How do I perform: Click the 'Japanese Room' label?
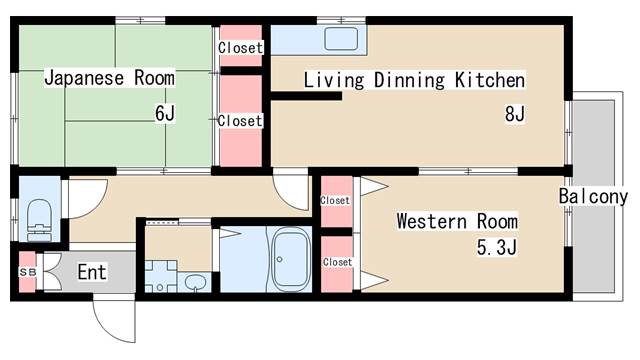coord(108,78)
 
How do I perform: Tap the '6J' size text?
coord(164,113)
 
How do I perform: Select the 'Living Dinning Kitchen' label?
coord(414,80)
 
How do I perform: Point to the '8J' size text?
coord(514,113)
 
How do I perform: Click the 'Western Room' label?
coord(456,220)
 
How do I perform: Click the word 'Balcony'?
coord(593,195)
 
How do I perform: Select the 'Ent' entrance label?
coord(91,271)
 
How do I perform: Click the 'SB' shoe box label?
coord(27,272)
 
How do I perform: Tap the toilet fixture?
coord(40,215)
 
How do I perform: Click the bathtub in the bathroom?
coord(290,259)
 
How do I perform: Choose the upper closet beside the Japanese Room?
coord(240,47)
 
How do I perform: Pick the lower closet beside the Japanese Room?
coord(240,120)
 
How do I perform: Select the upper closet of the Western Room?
coord(336,200)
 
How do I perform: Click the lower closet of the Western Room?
coord(336,262)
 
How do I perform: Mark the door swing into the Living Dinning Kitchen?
coord(294,191)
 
